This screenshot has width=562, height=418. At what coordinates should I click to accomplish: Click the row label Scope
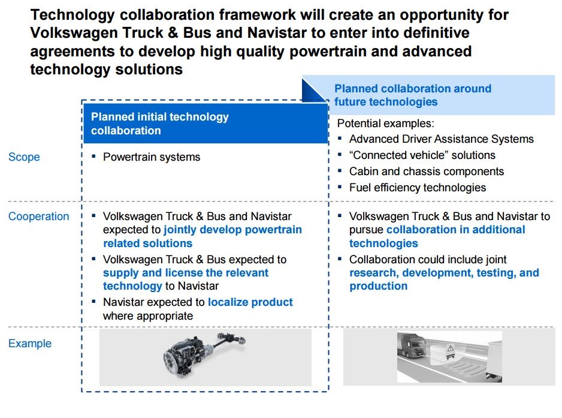pyautogui.click(x=24, y=157)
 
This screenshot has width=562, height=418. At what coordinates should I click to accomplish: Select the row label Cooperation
pyautogui.click(x=39, y=216)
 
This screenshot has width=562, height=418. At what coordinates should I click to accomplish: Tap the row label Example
pyautogui.click(x=30, y=344)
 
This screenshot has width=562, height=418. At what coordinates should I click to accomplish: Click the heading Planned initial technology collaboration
pyautogui.click(x=160, y=124)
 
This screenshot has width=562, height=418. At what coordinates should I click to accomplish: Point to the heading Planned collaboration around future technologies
pyautogui.click(x=413, y=95)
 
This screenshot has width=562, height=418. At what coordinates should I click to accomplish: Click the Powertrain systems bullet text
pyautogui.click(x=152, y=157)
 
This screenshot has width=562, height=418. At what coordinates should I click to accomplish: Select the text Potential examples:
pyautogui.click(x=386, y=124)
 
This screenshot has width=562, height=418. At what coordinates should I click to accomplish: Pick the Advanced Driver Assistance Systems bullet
pyautogui.click(x=442, y=139)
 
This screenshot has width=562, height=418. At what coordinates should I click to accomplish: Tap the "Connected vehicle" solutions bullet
pyautogui.click(x=422, y=155)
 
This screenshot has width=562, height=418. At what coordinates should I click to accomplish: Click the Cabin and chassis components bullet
pyautogui.click(x=427, y=171)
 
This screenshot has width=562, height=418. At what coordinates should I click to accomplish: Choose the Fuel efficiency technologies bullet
pyautogui.click(x=418, y=187)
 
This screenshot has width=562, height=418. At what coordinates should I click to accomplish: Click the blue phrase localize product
pyautogui.click(x=250, y=302)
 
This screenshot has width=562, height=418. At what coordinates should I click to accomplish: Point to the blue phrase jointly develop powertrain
pyautogui.click(x=233, y=230)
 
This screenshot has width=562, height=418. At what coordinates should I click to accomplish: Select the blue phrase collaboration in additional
pyautogui.click(x=456, y=230)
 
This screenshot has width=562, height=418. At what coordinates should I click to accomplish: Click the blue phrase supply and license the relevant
pyautogui.click(x=186, y=273)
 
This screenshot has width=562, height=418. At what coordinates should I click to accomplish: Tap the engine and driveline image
pyautogui.click(x=204, y=356)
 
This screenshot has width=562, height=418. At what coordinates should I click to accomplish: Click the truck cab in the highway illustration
pyautogui.click(x=412, y=345)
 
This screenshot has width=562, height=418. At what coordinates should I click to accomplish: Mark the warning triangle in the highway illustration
pyautogui.click(x=451, y=348)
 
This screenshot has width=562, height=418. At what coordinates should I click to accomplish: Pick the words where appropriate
pyautogui.click(x=148, y=315)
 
